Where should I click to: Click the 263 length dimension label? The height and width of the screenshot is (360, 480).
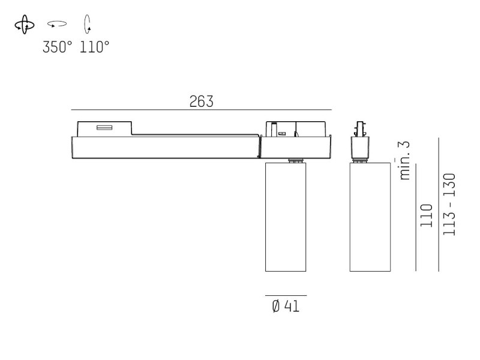click(x=202, y=101)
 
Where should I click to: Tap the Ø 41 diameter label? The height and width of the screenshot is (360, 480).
click(x=286, y=306)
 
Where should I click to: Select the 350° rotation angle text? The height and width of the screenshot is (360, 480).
click(x=58, y=47)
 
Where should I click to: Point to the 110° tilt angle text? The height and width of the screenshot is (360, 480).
click(x=94, y=47)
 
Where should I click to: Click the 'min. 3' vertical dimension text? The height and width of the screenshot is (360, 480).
click(x=404, y=160)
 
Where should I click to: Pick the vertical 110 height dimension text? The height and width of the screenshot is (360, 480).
click(x=427, y=215)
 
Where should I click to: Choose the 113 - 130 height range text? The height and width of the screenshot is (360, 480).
click(x=449, y=205)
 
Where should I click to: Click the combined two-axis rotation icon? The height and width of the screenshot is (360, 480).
click(x=25, y=25)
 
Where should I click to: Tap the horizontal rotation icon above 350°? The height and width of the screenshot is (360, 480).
click(x=57, y=24)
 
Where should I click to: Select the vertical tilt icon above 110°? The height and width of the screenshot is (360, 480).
click(x=88, y=24)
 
